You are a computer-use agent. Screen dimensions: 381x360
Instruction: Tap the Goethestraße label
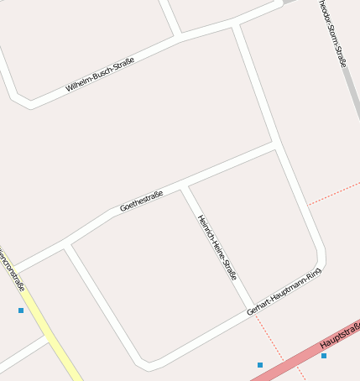tap(141, 201)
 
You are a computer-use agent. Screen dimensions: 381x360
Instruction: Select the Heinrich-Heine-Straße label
tap(217, 247)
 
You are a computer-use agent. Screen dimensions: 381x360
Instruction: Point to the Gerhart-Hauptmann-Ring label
tap(284, 292)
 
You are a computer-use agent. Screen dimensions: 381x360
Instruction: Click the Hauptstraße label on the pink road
tap(339, 335)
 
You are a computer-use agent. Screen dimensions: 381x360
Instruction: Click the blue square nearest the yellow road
tap(21, 311)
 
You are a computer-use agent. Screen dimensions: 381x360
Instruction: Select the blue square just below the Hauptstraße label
tap(324, 356)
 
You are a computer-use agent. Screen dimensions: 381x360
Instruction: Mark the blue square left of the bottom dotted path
tap(260, 365)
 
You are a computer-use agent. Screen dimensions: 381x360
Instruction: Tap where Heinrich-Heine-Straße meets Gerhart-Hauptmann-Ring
tap(251, 306)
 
